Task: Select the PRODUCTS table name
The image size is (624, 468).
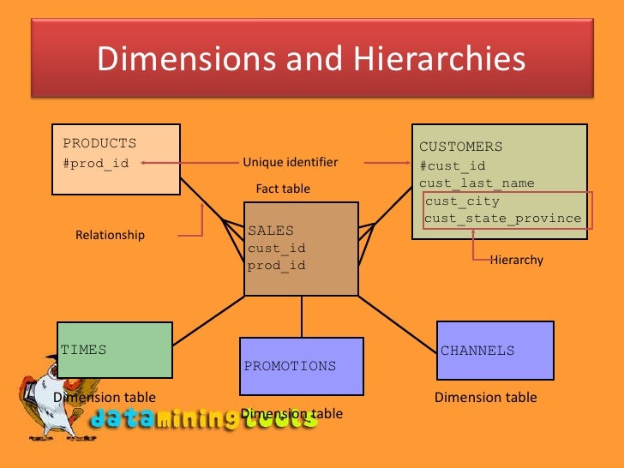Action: (x=99, y=143)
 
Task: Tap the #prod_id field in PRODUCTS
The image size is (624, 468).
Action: (x=96, y=163)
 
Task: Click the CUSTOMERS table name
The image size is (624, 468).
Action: (x=460, y=147)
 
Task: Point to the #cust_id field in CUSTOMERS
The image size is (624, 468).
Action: (x=453, y=166)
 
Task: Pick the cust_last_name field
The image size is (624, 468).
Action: (x=477, y=183)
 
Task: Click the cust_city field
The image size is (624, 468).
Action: (x=462, y=201)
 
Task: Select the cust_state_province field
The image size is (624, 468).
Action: (x=503, y=219)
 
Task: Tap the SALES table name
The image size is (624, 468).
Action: (x=271, y=231)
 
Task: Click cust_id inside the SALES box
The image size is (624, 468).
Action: (x=277, y=249)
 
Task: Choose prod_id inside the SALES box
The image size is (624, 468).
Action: (x=277, y=266)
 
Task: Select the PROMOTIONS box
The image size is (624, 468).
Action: (x=301, y=366)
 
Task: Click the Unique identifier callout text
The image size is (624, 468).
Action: (x=291, y=162)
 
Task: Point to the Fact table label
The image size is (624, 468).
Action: (x=283, y=189)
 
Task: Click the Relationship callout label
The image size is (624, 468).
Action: (x=111, y=235)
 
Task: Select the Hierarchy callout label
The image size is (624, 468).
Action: (x=517, y=259)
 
